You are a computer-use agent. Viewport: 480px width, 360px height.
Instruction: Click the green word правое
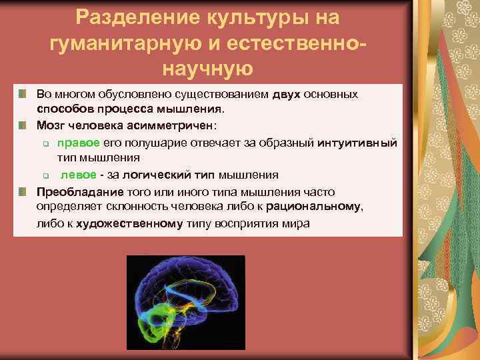[x=79, y=142]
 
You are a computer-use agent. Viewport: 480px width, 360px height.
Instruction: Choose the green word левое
[x=79, y=175]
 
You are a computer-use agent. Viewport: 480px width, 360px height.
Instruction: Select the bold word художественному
[x=129, y=223]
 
